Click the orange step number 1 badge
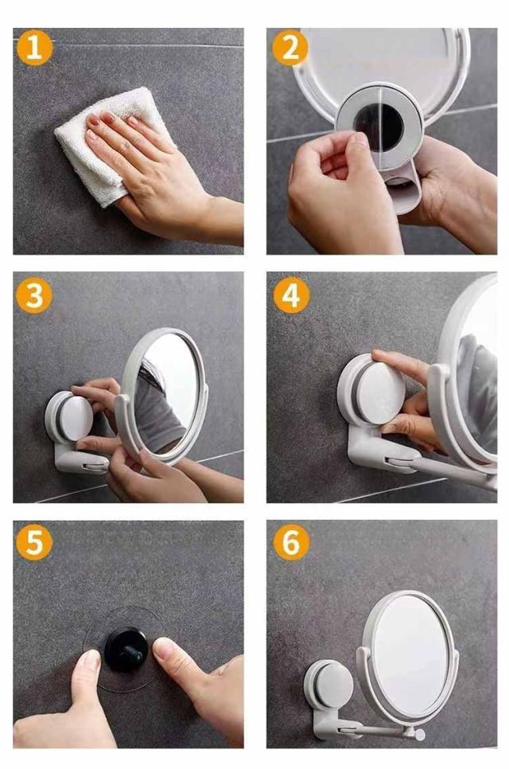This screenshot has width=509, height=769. (x=34, y=48)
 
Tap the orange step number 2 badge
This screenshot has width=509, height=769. (x=290, y=48)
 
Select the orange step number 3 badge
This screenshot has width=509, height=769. (x=34, y=295)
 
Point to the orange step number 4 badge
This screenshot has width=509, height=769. (x=291, y=295)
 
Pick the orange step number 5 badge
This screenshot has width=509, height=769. (x=34, y=542)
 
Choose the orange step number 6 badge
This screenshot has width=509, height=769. (x=291, y=542)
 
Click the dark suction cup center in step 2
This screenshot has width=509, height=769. (x=379, y=127)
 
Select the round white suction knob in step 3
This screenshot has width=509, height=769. (x=76, y=418)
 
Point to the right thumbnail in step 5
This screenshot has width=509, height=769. (x=164, y=648)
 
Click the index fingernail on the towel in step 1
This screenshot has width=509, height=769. (x=107, y=118)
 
